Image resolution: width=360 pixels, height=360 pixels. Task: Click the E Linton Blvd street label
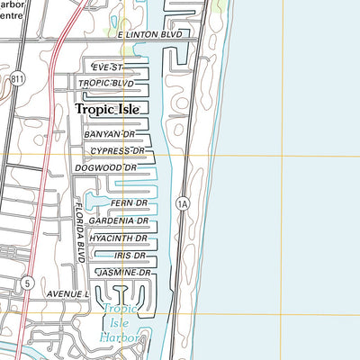pos(156,34)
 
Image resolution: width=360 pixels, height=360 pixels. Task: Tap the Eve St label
pos(105,67)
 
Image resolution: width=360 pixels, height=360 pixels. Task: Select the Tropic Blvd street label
pos(105,84)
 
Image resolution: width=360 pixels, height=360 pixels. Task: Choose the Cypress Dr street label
pos(117,151)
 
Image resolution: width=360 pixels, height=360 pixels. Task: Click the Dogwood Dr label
pos(106,168)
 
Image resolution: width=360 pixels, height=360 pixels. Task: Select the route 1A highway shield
pos(183,203)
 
